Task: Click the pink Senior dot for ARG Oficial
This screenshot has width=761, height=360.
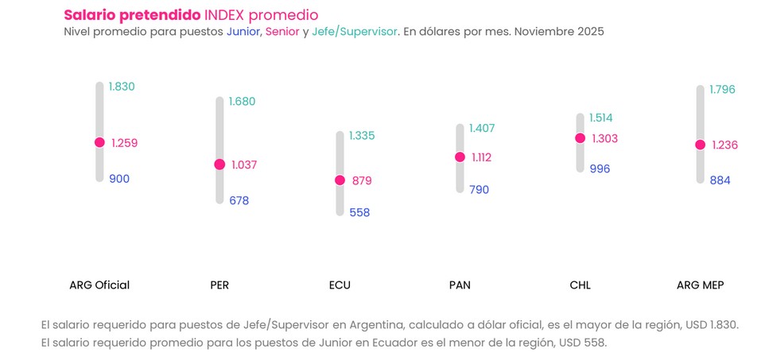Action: (99, 142)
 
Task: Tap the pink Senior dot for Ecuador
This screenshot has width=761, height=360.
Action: (340, 180)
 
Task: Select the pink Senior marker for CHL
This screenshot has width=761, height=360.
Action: (580, 138)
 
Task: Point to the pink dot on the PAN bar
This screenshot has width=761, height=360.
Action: (460, 157)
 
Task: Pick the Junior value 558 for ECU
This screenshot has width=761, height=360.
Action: (359, 213)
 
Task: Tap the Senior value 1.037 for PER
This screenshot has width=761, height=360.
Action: (244, 165)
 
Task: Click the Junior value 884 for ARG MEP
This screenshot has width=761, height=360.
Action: (720, 180)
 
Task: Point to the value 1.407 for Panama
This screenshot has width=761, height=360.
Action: (483, 128)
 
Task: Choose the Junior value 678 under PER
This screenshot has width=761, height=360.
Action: (239, 200)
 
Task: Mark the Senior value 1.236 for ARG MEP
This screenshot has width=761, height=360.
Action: (724, 145)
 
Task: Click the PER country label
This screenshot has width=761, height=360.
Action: (219, 285)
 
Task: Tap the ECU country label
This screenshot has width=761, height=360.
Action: (340, 285)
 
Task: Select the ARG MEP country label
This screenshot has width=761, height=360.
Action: (700, 285)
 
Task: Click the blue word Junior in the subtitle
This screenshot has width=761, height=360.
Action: (244, 33)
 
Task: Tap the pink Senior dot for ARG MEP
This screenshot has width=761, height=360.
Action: (700, 145)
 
